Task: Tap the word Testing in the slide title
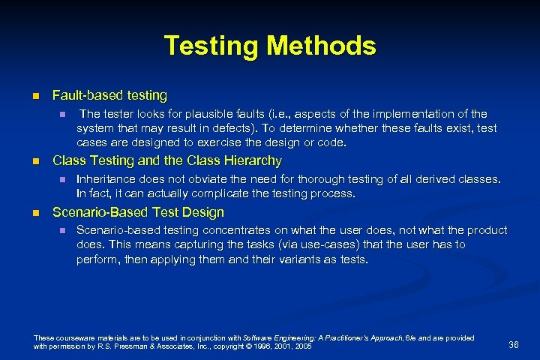coord(211,46)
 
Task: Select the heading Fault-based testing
coord(109,95)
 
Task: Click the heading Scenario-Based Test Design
coord(138,212)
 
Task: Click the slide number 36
coord(514,344)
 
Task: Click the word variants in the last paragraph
coord(269,259)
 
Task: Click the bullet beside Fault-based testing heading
coord(35,96)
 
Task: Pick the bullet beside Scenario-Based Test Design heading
coord(35,213)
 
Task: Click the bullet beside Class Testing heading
coord(35,161)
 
